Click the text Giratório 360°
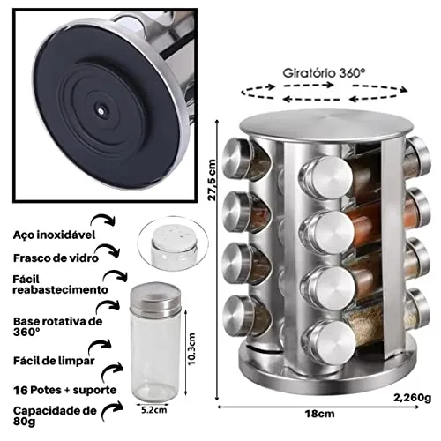[x=324, y=73]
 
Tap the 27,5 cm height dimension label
[x=212, y=180]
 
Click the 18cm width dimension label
[x=319, y=414]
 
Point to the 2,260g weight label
[x=413, y=398]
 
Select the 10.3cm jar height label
[x=191, y=348]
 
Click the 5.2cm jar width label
[x=153, y=410]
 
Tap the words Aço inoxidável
[x=55, y=235]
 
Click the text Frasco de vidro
[x=56, y=258]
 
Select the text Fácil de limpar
[x=54, y=361]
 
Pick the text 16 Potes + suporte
[x=65, y=390]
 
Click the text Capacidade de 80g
[x=55, y=415]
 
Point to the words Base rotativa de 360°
[x=58, y=326]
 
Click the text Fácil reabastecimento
[x=61, y=284]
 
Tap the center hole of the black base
[x=101, y=111]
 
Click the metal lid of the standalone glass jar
[x=155, y=297]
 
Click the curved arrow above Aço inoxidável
[x=103, y=220]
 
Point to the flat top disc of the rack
[x=327, y=125]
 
